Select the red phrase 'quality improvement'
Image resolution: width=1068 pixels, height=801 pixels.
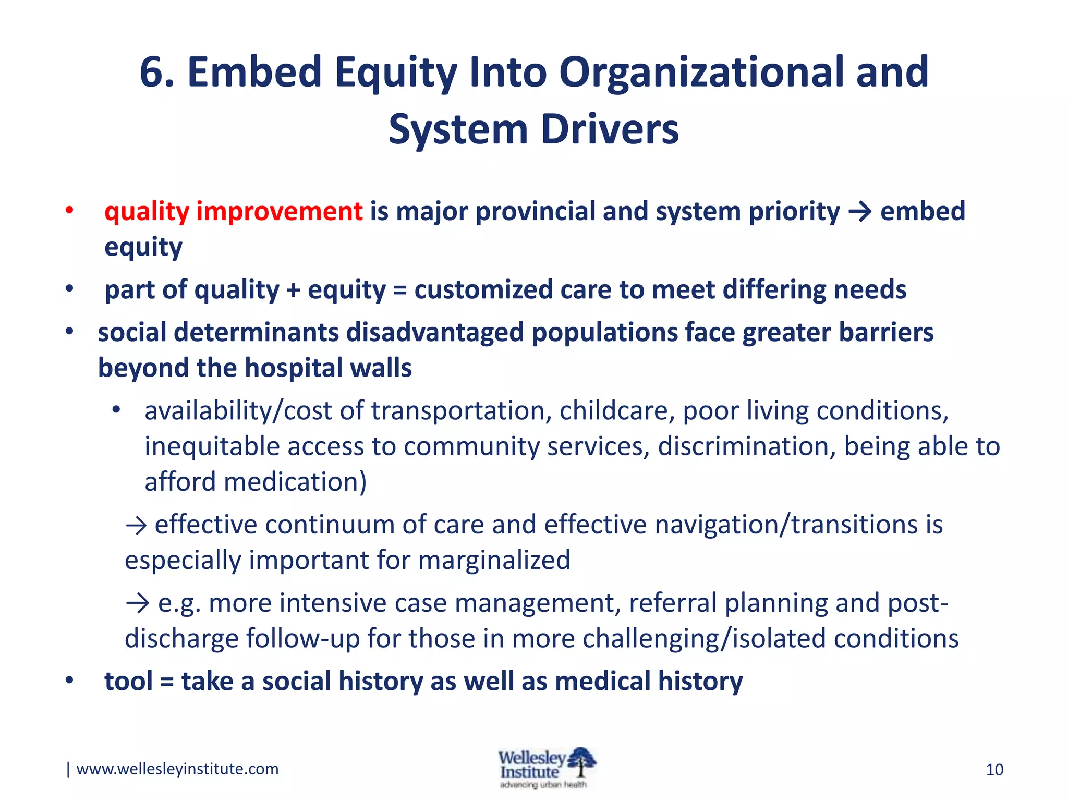click(233, 211)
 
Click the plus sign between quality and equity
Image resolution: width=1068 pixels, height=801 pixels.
click(293, 290)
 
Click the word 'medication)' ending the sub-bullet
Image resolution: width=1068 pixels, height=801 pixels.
click(295, 482)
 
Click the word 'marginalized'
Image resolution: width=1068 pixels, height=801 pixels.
click(493, 560)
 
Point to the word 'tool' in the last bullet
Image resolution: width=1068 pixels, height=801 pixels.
click(128, 681)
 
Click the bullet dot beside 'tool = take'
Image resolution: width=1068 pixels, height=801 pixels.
click(69, 681)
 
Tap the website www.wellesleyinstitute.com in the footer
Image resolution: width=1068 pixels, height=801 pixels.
click(177, 769)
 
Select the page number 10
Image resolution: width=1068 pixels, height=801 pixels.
click(994, 770)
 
